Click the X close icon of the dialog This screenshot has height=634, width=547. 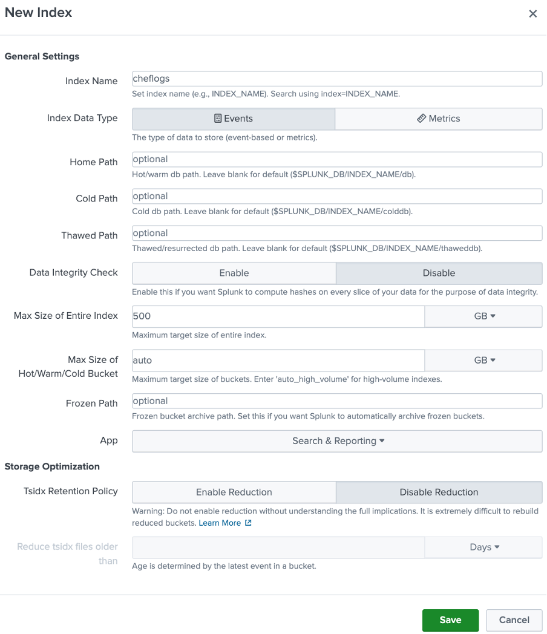(532, 14)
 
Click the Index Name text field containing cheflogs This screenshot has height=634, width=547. (336, 79)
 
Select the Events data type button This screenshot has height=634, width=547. (234, 119)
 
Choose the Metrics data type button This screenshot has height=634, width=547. (439, 119)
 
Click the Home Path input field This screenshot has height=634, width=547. (336, 159)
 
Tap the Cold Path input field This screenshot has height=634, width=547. (336, 196)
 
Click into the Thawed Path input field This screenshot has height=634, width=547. (336, 233)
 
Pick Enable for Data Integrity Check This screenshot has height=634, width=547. (234, 273)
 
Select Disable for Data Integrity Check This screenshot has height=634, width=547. (439, 273)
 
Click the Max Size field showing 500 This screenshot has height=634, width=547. (278, 316)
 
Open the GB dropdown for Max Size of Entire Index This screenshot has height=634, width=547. (483, 316)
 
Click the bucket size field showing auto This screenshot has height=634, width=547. (278, 360)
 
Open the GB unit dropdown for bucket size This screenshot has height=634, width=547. (483, 360)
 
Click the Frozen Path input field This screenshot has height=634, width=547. (336, 400)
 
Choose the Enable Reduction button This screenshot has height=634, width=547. (234, 492)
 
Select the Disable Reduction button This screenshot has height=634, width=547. (439, 492)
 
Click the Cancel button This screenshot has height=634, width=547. (514, 620)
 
